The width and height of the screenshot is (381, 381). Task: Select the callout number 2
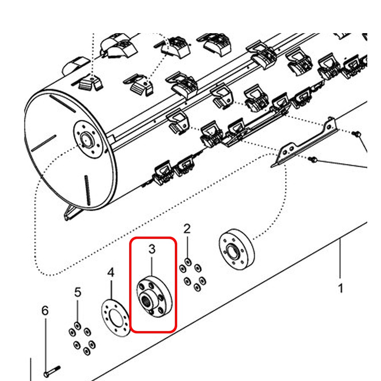tap(187, 229)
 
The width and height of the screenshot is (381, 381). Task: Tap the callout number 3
tap(152, 250)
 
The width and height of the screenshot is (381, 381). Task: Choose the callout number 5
tap(78, 292)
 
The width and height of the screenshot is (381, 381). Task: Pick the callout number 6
tap(45, 311)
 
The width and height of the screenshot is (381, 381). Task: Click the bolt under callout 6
tap(52, 370)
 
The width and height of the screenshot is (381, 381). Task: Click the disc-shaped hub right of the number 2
tap(236, 250)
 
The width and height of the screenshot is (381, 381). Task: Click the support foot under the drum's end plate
tap(69, 213)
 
